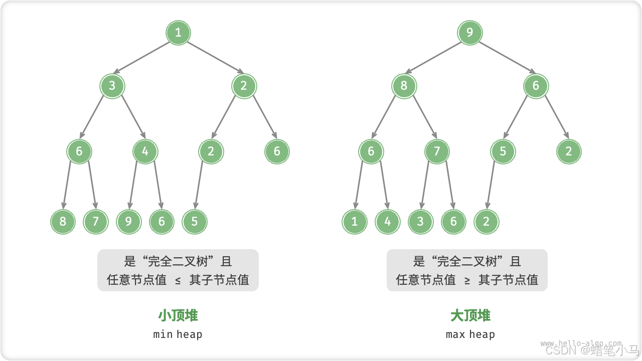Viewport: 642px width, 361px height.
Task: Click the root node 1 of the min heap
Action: tap(178, 33)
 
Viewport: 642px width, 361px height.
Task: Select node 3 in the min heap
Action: tap(112, 86)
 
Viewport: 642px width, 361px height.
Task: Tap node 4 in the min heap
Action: tap(145, 151)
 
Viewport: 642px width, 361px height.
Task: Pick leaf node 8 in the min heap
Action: tap(63, 222)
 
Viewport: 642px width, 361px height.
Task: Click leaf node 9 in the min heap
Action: tap(128, 222)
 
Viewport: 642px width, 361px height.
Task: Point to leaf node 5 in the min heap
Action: tap(195, 222)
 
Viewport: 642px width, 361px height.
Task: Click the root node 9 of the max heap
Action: tap(470, 33)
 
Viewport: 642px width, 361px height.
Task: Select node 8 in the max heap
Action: tap(404, 86)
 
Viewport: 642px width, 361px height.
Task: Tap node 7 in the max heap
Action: tap(437, 151)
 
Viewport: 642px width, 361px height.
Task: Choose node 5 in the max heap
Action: tap(503, 151)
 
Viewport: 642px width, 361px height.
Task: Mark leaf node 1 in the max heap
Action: tap(355, 222)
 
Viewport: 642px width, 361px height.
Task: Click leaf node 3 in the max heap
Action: tap(420, 222)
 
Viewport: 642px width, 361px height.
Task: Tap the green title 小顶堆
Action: tap(178, 315)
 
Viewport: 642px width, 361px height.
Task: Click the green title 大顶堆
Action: tap(470, 315)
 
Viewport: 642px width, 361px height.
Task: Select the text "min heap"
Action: tap(178, 334)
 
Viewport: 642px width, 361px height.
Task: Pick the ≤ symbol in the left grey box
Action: tap(178, 280)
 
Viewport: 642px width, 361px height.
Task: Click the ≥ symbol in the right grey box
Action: tap(467, 280)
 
